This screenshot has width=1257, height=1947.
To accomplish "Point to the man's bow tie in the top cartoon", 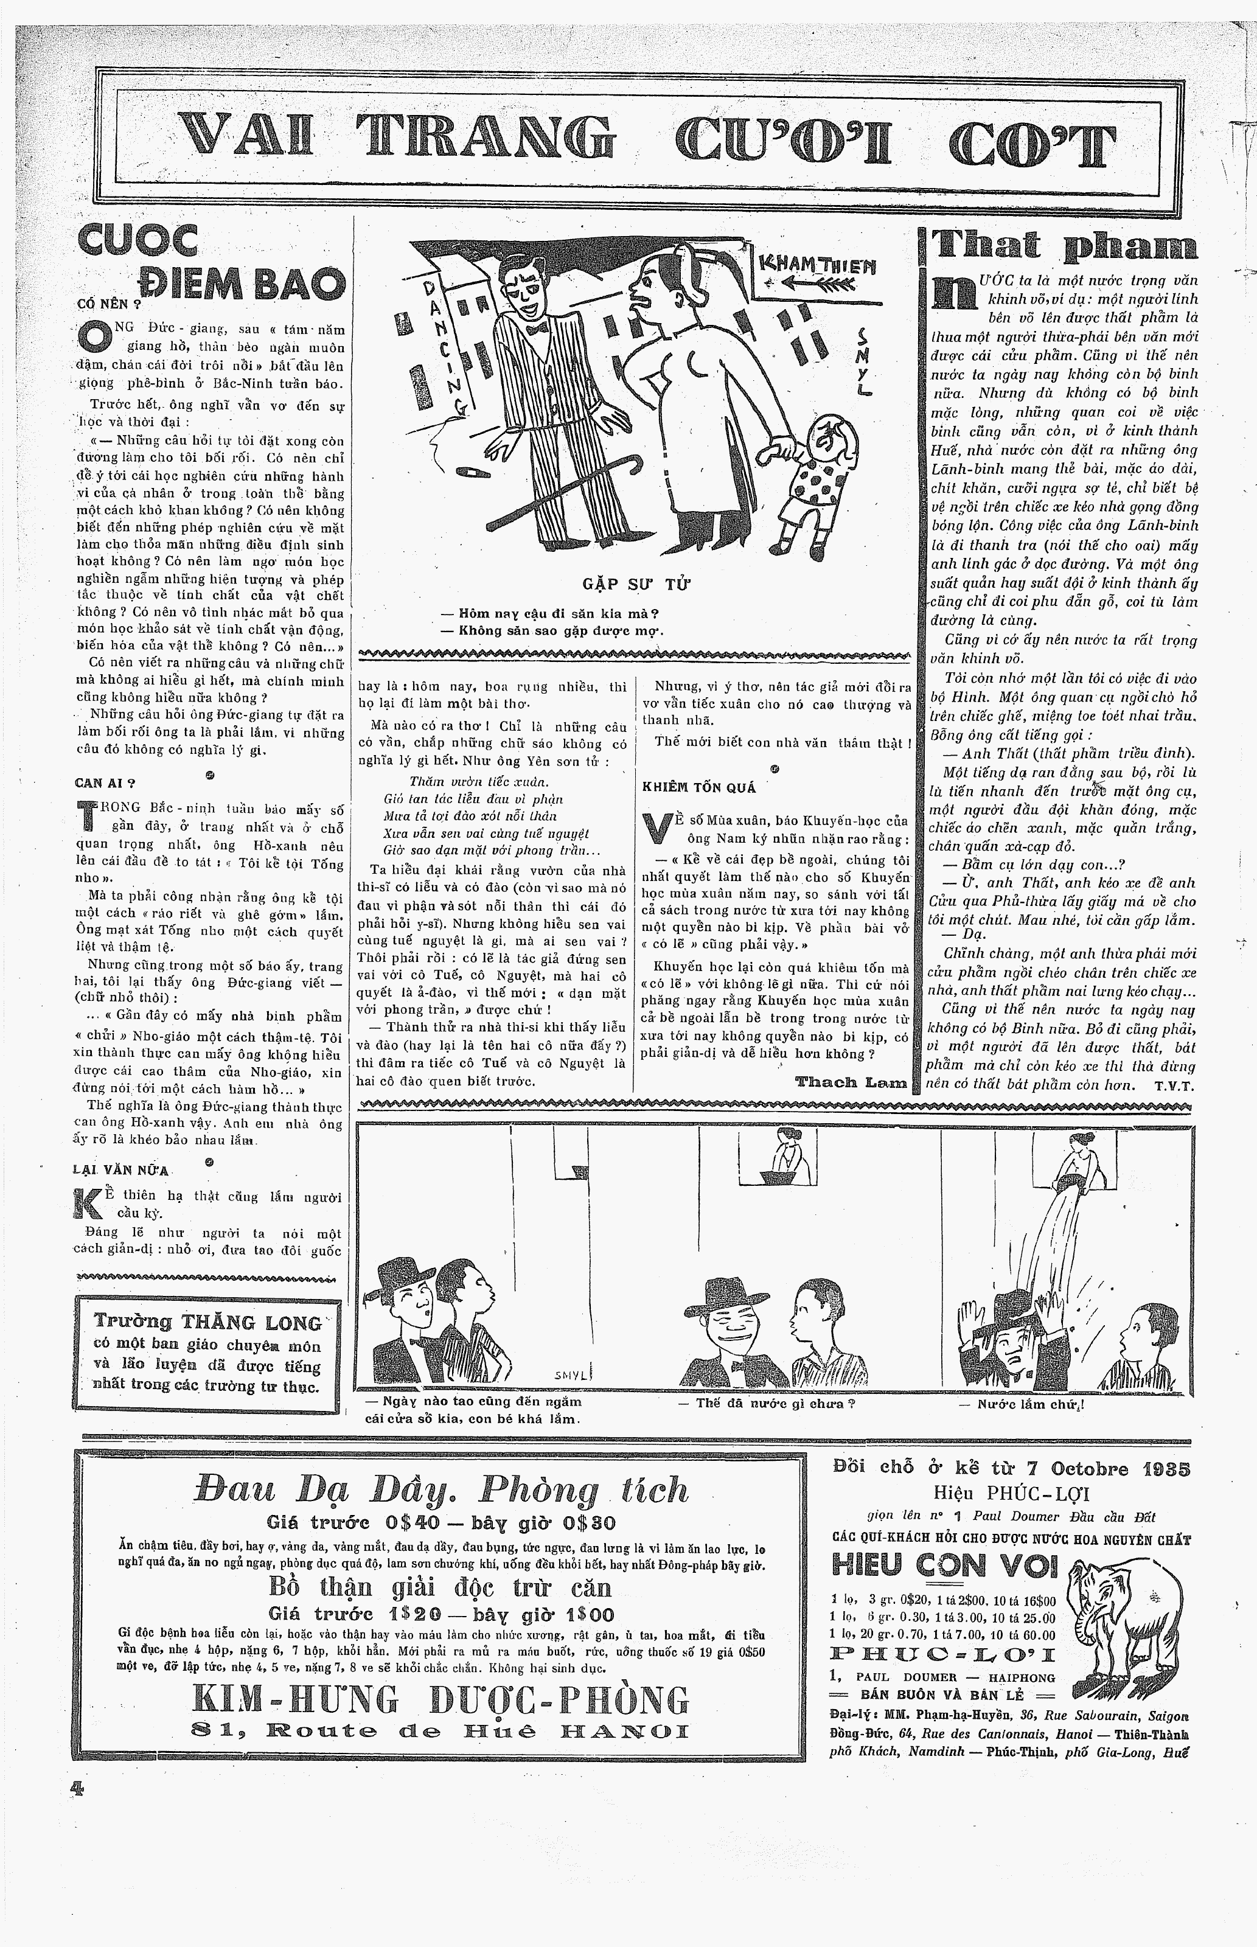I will pos(536,330).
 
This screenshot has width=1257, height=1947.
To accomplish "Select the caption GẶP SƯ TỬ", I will pos(636,584).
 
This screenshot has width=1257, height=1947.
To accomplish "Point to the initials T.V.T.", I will pos(1174,1086).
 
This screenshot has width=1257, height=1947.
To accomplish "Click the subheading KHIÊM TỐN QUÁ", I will pos(698,787).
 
